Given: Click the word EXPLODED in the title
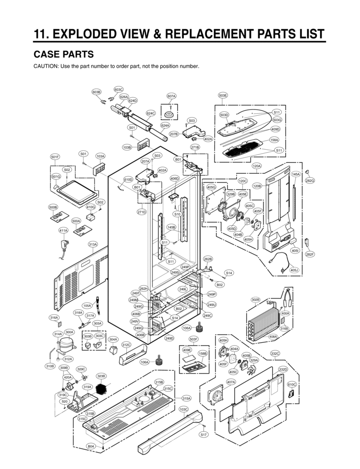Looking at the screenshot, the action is (84, 34).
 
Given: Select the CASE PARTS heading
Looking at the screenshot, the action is (64, 54).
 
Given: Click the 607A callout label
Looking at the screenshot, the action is (171, 96).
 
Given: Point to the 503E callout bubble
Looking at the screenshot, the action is (223, 96).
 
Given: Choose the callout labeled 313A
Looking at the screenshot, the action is (93, 244).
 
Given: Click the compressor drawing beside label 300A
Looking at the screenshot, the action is (66, 346).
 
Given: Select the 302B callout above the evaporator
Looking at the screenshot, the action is (255, 300).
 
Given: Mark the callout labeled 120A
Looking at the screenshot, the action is (256, 166).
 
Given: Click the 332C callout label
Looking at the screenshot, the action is (275, 353).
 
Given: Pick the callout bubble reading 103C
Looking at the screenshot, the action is (183, 409).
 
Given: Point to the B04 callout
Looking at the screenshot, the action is (91, 446).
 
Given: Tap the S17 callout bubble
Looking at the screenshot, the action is (204, 434).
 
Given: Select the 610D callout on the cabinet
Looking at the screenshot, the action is (128, 180).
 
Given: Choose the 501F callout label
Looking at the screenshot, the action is (55, 157).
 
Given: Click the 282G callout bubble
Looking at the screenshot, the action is (310, 180).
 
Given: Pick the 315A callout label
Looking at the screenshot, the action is (187, 398).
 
